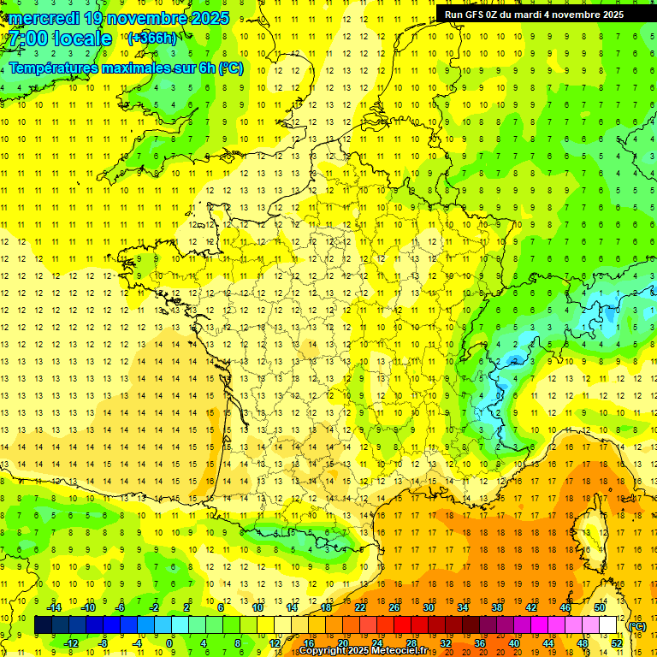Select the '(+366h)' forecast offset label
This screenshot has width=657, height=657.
coord(152,38)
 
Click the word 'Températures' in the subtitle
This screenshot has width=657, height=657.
coord(52,68)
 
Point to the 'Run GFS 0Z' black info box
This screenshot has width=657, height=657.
coord(534,14)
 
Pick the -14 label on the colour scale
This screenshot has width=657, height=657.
coord(55,607)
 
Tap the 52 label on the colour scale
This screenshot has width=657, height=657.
coord(616,642)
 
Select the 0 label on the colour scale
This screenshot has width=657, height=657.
coord(169,642)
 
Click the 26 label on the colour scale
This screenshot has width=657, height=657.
coord(394,607)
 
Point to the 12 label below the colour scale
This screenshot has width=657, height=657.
coord(275,642)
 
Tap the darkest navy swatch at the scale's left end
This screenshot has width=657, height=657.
coord(43,625)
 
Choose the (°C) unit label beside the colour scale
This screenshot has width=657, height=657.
coord(636,625)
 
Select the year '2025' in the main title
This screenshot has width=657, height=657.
coord(208,18)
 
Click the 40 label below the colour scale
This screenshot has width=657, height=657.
coord(513,642)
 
